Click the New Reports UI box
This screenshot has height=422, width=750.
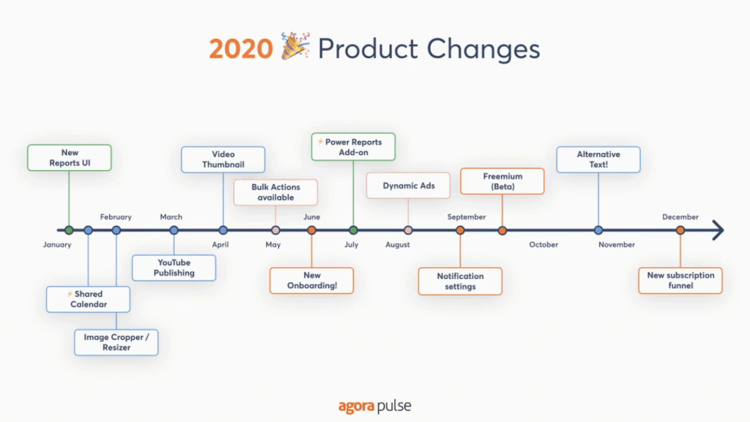coord(70,158)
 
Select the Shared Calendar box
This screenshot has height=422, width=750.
coord(89,299)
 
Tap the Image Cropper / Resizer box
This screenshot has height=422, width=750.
coord(116,342)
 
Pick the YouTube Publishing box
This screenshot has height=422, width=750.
coord(174,267)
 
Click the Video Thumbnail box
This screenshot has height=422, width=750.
coord(223,159)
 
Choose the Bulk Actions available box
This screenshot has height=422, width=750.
coord(275,192)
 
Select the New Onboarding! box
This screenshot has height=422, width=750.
coord(312,281)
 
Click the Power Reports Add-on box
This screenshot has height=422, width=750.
coord(353,147)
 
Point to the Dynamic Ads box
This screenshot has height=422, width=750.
coord(409,185)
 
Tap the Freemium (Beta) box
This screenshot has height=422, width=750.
coord(502,181)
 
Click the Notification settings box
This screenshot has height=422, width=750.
coord(460,281)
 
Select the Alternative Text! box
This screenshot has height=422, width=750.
coord(598,159)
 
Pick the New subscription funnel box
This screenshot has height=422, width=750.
coord(680,281)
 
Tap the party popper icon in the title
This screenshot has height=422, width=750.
coord(295,48)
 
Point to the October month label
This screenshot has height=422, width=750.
coord(543,245)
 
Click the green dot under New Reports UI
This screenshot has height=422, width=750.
coord(69,230)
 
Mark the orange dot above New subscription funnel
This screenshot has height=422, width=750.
coord(680,230)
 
